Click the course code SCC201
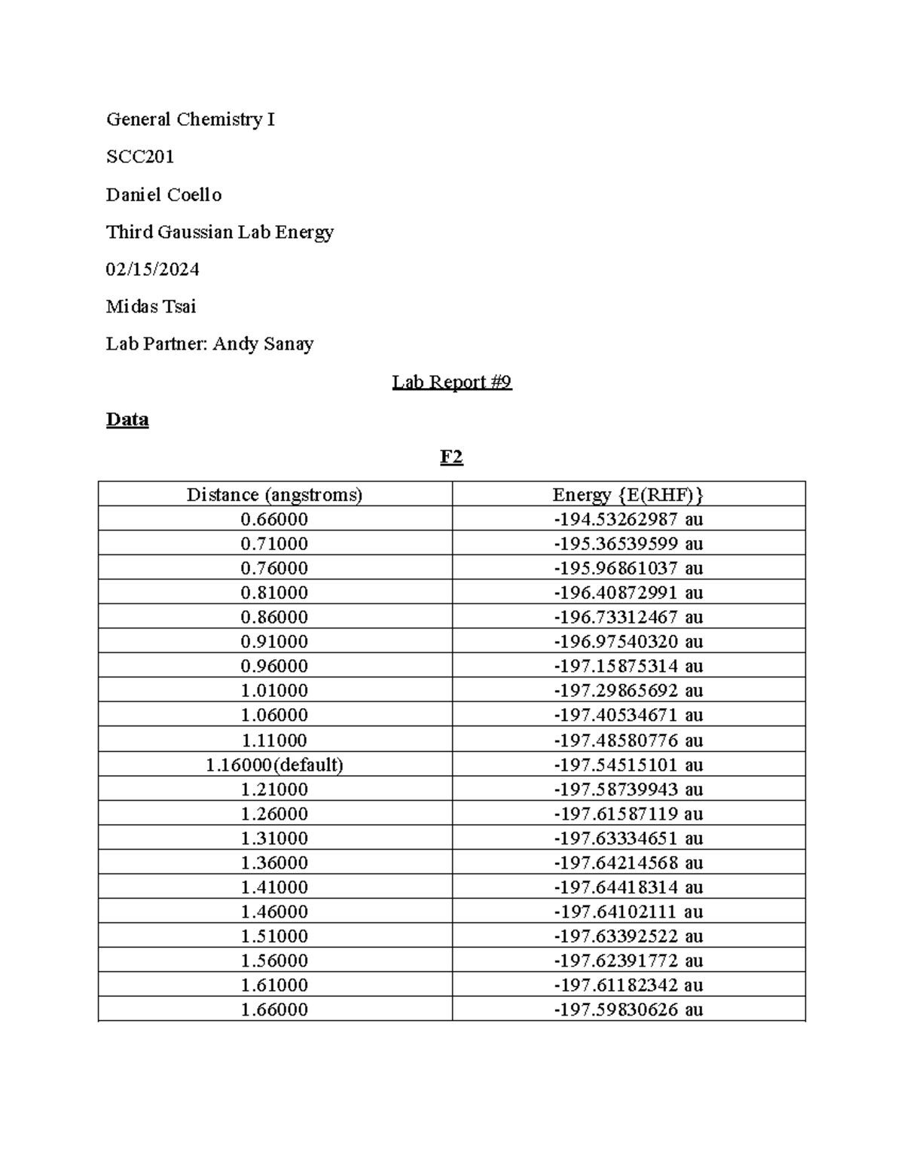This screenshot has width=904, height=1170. click(140, 157)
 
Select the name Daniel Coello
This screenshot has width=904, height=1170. click(163, 194)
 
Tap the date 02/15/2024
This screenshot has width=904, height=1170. click(152, 269)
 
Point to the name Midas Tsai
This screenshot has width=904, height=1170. click(151, 307)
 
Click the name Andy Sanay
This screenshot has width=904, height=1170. click(263, 344)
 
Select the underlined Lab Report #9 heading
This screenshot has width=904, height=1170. click(451, 382)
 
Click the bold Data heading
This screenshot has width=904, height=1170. click(127, 420)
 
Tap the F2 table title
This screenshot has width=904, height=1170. click(451, 457)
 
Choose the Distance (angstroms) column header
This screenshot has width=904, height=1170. click(274, 495)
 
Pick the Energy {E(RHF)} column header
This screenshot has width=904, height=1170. click(628, 495)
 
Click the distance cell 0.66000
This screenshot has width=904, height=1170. click(274, 519)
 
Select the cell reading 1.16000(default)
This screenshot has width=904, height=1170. click(274, 765)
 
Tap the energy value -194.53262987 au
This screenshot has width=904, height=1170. click(628, 519)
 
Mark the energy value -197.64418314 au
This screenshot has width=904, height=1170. click(628, 887)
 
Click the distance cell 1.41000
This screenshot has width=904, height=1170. click(274, 887)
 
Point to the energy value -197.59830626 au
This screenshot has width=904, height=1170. click(628, 1010)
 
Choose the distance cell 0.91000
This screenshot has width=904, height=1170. click(274, 641)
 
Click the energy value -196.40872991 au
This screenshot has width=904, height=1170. click(628, 592)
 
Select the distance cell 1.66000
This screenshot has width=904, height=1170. click(274, 1010)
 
